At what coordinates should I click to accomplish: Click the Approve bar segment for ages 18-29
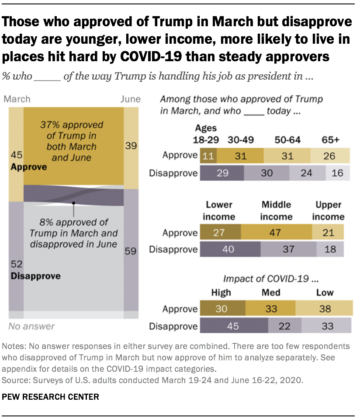click(208, 156)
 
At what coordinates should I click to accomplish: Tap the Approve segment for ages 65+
click(330, 156)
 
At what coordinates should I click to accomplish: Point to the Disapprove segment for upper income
click(330, 249)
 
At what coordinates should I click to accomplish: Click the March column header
click(17, 99)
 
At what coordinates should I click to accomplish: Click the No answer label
click(31, 326)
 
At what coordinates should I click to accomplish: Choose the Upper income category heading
click(328, 210)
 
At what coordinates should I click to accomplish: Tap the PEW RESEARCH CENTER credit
click(50, 397)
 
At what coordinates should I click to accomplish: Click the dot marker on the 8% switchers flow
click(74, 203)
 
